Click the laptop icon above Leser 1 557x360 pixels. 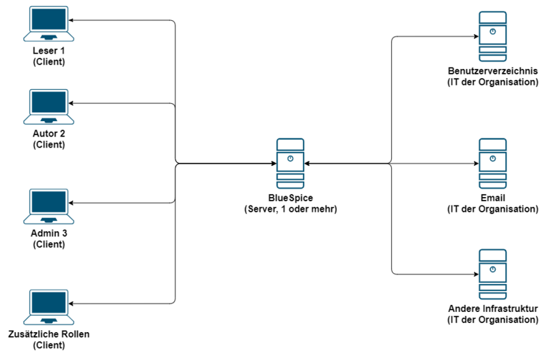[x=48, y=23]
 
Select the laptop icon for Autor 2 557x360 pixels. [x=48, y=107]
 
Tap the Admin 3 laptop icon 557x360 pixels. [x=48, y=205]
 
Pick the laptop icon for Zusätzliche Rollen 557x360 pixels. [x=48, y=306]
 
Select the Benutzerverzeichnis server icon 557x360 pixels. [x=492, y=36]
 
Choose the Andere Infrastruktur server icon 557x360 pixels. [x=492, y=273]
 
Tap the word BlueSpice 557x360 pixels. [x=290, y=198]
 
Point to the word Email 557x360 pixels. [x=492, y=198]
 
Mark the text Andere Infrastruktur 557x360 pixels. [x=492, y=309]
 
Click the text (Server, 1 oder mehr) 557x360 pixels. [x=290, y=209]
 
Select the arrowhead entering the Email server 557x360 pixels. [x=476, y=164]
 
